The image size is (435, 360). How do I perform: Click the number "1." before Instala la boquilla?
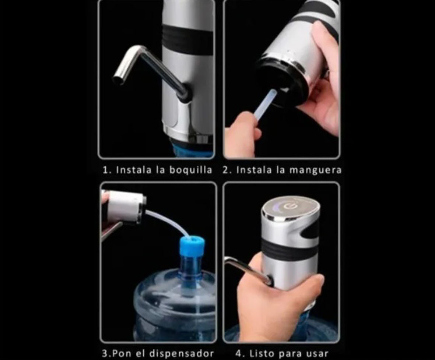107,170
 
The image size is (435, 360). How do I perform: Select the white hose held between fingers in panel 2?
266,105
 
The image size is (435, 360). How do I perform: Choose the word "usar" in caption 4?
315,353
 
